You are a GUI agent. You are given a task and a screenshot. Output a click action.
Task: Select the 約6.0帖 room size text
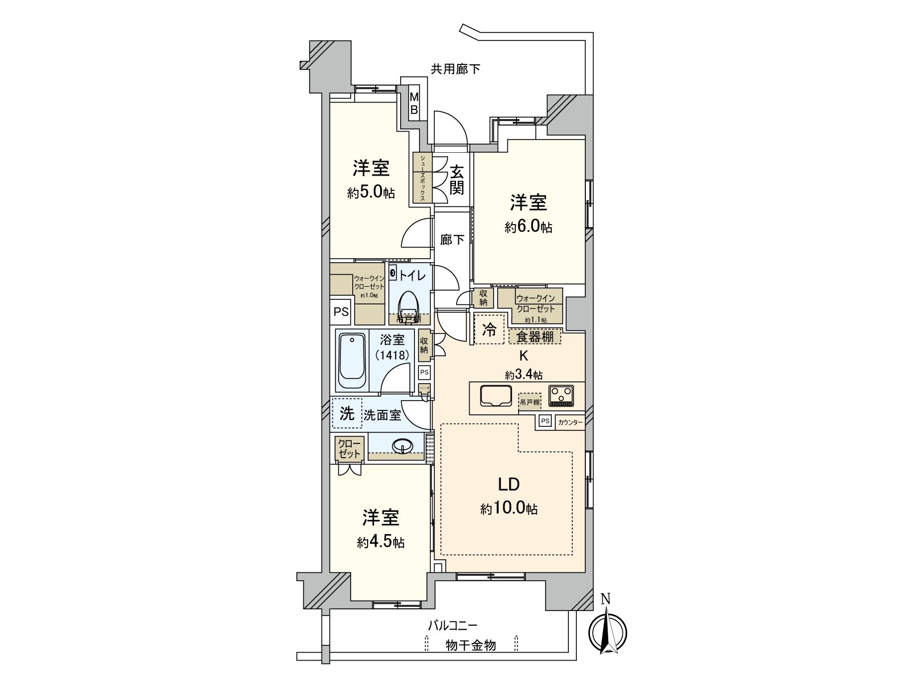pyautogui.click(x=528, y=227)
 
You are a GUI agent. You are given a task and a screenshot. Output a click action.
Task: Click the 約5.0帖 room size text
pyautogui.click(x=371, y=193)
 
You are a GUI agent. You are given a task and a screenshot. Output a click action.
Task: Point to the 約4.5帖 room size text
pyautogui.click(x=381, y=542)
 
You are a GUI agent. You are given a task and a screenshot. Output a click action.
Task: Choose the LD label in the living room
pyautogui.click(x=508, y=484)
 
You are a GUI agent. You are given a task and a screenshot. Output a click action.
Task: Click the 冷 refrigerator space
pyautogui.click(x=490, y=329)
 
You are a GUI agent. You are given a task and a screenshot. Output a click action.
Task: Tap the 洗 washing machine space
pyautogui.click(x=347, y=414)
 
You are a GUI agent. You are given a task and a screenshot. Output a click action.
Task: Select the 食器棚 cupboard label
pyautogui.click(x=535, y=336)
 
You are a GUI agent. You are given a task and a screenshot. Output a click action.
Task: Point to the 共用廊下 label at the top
pyautogui.click(x=455, y=70)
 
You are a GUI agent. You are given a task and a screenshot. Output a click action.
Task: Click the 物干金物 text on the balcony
pyautogui.click(x=470, y=645)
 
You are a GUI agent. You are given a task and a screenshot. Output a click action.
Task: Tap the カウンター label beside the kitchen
pyautogui.click(x=570, y=422)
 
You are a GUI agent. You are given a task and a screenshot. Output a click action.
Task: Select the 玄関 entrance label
pyautogui.click(x=457, y=180)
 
